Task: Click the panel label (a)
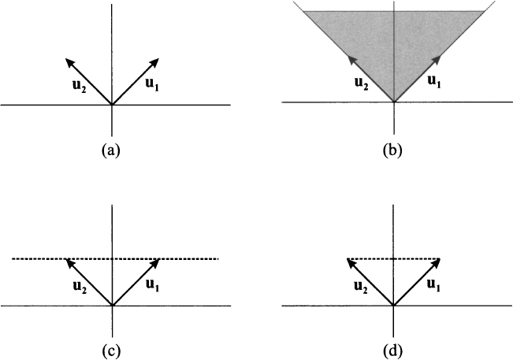[x=113, y=149]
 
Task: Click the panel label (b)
[x=392, y=149]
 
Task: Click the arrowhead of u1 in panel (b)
[x=436, y=59]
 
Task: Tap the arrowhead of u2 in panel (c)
[x=69, y=262]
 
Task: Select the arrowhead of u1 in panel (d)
[x=436, y=262]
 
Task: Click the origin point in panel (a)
[x=113, y=104]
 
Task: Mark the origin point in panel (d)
[x=393, y=306]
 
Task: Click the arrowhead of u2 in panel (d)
[x=350, y=262]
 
